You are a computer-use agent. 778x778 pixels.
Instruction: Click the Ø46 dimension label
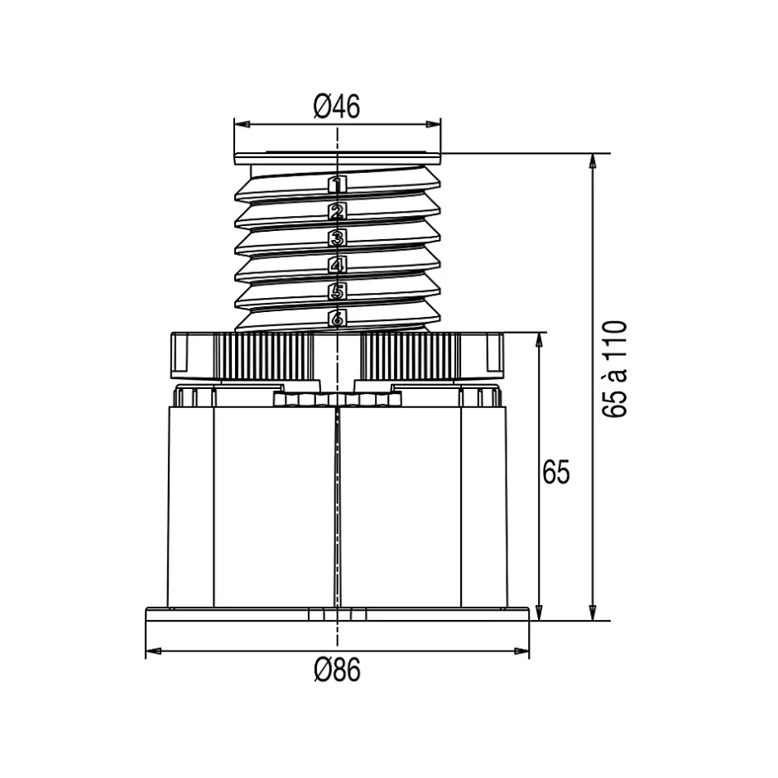click(337, 106)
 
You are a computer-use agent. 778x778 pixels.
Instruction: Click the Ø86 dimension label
click(338, 670)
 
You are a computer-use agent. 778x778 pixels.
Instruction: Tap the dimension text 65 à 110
click(615, 369)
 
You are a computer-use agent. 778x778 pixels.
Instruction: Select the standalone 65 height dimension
click(556, 472)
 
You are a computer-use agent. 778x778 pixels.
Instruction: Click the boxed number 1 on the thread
click(337, 185)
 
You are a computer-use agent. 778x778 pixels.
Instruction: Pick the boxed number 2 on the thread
click(337, 211)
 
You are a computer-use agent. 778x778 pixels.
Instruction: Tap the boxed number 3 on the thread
click(337, 238)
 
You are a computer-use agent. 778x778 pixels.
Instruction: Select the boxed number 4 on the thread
click(337, 265)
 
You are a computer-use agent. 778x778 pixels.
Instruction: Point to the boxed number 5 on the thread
click(337, 291)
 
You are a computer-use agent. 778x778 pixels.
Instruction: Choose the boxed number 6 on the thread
click(337, 318)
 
